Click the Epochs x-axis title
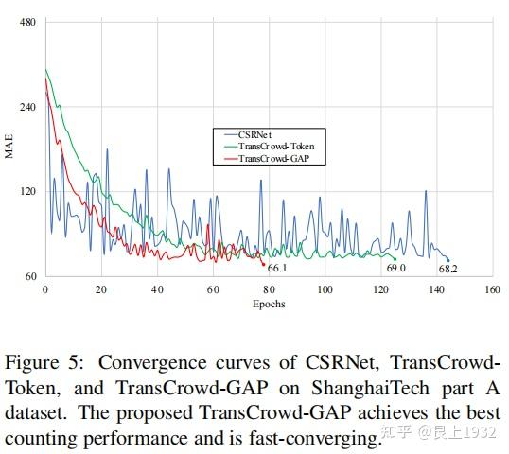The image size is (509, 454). tap(268, 305)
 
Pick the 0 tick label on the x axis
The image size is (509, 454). tap(44, 290)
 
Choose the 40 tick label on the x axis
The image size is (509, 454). tap(156, 290)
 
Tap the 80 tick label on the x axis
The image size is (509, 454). tap(268, 290)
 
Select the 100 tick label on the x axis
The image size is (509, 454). tap(324, 290)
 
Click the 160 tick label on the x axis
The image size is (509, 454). tap(491, 290)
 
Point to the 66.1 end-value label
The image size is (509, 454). tap(277, 269)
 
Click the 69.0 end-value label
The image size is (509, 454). tap(395, 269)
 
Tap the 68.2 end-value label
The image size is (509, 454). tap(448, 269)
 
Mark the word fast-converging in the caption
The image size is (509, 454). tap(304, 440)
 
